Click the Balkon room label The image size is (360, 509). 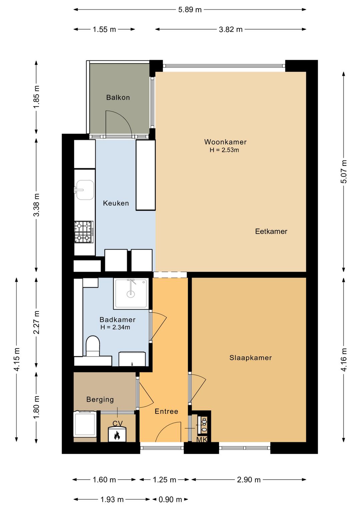point(118,97)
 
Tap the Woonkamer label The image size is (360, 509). point(225,142)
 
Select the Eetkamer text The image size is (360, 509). point(271,231)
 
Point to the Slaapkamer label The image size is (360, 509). point(251,358)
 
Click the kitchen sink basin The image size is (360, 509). point(85,190)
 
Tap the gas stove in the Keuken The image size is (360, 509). point(84,231)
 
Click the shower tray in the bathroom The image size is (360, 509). point(131,294)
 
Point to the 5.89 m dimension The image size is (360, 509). point(190,10)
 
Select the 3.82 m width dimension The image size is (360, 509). point(231,29)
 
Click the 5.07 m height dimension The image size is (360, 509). point(344,171)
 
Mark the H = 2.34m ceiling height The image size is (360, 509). point(115,327)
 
